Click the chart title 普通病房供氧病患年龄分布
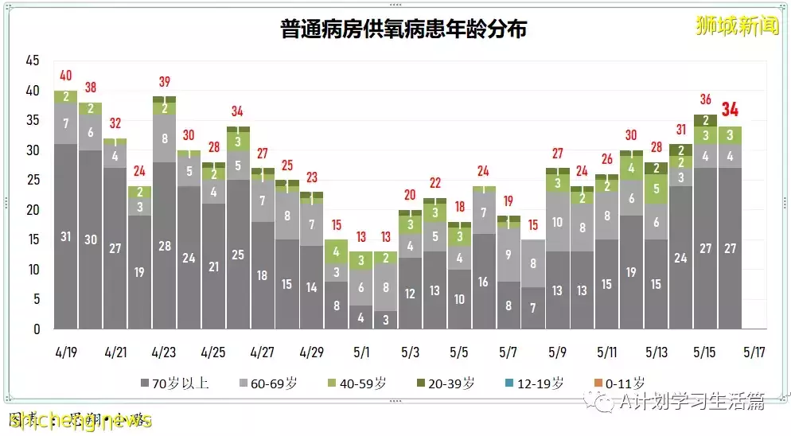tap(403, 29)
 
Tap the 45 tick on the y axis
tap(32, 60)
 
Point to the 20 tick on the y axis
tap(32, 210)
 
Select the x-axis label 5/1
tap(361, 351)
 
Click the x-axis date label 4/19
tap(66, 351)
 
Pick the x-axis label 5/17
tap(755, 351)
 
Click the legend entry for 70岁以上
tap(180, 383)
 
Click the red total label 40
tap(66, 76)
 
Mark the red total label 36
tap(705, 99)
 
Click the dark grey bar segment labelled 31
tap(66, 236)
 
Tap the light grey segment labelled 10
tap(558, 222)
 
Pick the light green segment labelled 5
tap(657, 189)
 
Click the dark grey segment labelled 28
tap(164, 245)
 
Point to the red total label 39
tap(164, 82)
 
